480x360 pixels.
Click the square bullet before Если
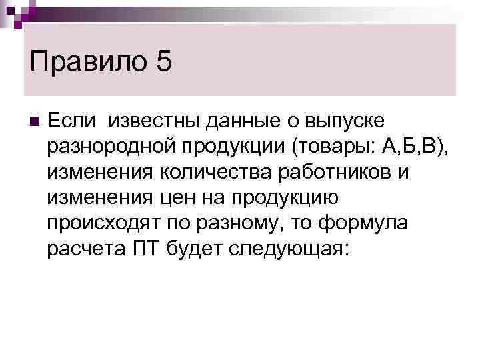(35, 121)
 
